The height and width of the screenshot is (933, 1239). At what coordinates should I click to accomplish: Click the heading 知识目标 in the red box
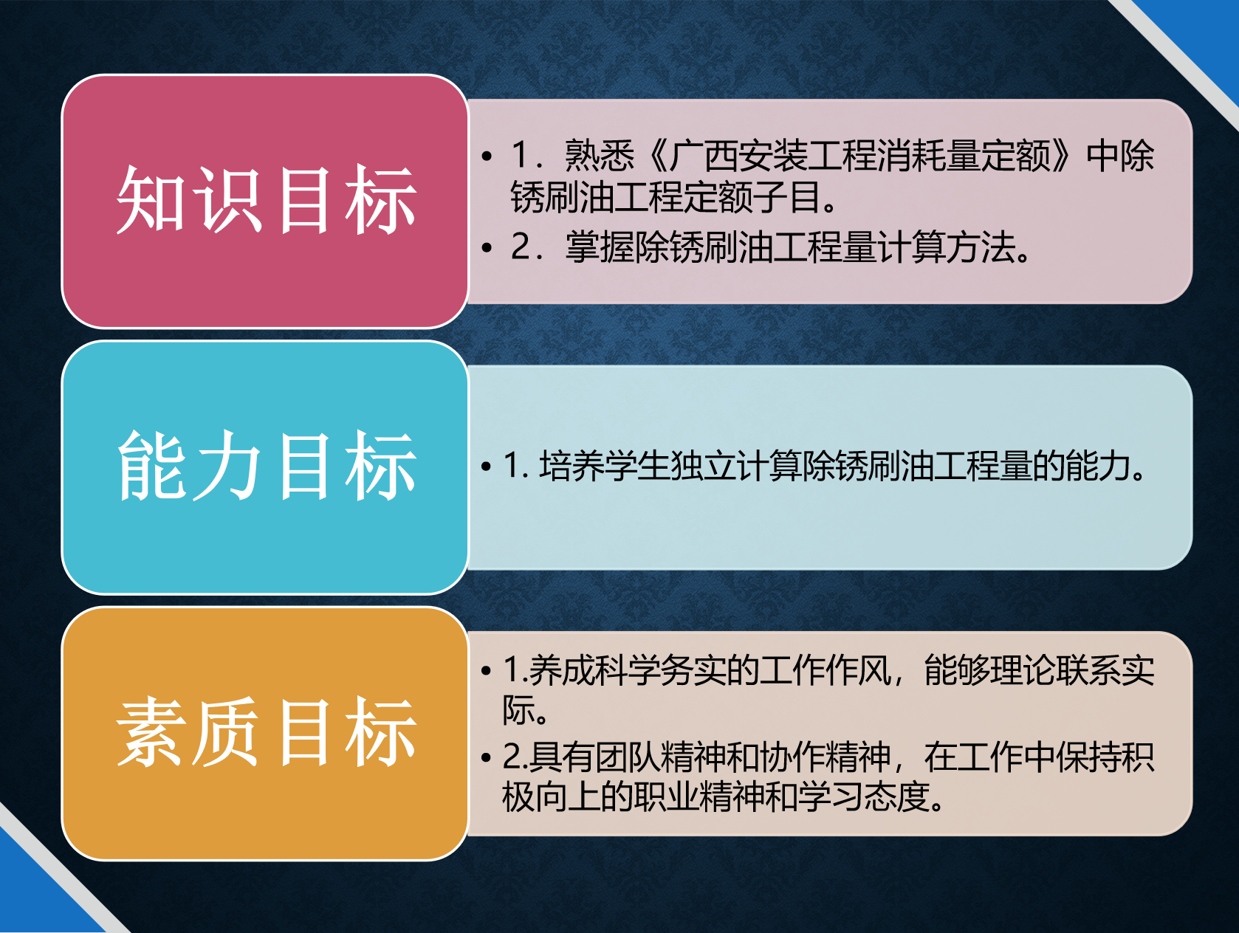pyautogui.click(x=267, y=200)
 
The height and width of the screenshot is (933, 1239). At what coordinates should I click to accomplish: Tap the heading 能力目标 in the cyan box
pyautogui.click(x=267, y=465)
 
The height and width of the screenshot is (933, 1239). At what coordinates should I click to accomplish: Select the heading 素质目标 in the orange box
pyautogui.click(x=267, y=731)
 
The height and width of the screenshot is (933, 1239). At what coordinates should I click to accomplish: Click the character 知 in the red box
pyautogui.click(x=150, y=200)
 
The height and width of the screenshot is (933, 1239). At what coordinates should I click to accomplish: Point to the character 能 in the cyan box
pyautogui.click(x=151, y=465)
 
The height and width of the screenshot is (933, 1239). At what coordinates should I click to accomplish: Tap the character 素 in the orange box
pyautogui.click(x=150, y=731)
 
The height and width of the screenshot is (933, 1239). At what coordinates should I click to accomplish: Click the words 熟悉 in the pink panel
pyautogui.click(x=600, y=155)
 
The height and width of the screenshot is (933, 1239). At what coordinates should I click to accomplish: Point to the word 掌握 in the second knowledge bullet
pyautogui.click(x=600, y=247)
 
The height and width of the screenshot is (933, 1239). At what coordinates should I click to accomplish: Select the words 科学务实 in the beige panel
pyautogui.click(x=627, y=671)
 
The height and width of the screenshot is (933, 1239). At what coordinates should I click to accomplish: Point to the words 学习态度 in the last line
pyautogui.click(x=864, y=797)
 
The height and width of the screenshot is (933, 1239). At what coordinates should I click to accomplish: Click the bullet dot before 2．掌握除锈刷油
pyautogui.click(x=487, y=247)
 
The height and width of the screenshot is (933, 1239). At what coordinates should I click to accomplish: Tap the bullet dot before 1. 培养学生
pyautogui.click(x=487, y=467)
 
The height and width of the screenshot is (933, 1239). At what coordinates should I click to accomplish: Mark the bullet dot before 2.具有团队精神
pyautogui.click(x=487, y=757)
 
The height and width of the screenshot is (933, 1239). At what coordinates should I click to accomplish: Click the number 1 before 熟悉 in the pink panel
pyautogui.click(x=520, y=155)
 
